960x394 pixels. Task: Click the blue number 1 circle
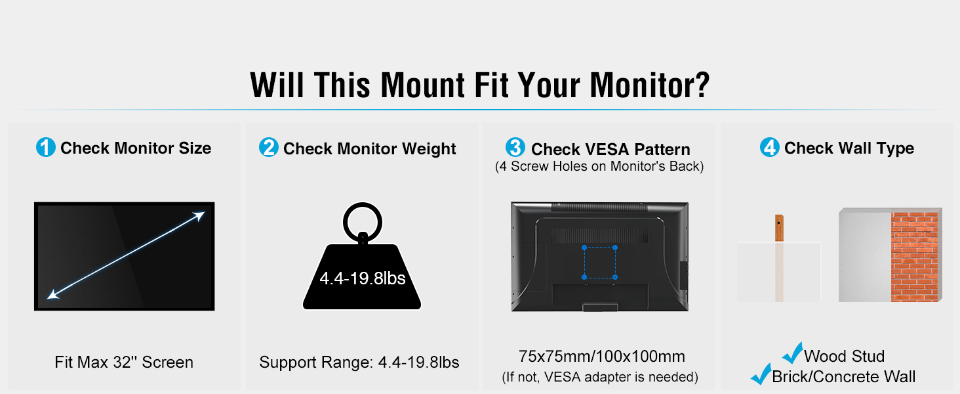[45, 148]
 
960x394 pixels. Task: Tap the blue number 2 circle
[269, 148]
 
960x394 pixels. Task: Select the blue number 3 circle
[516, 148]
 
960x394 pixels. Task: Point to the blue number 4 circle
[769, 148]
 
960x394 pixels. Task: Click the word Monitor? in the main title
[650, 85]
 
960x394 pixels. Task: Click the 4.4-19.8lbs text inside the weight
[363, 278]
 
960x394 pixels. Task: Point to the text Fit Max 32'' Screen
[124, 362]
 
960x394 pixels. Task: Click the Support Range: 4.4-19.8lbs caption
[359, 362]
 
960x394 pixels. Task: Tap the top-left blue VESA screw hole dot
[584, 248]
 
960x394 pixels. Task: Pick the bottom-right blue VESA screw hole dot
[615, 277]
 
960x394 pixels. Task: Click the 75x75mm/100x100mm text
[601, 357]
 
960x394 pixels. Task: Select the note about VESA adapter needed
[599, 377]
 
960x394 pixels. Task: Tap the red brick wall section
[914, 256]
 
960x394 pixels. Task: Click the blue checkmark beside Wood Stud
[793, 354]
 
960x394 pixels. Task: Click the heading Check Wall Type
[849, 148]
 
